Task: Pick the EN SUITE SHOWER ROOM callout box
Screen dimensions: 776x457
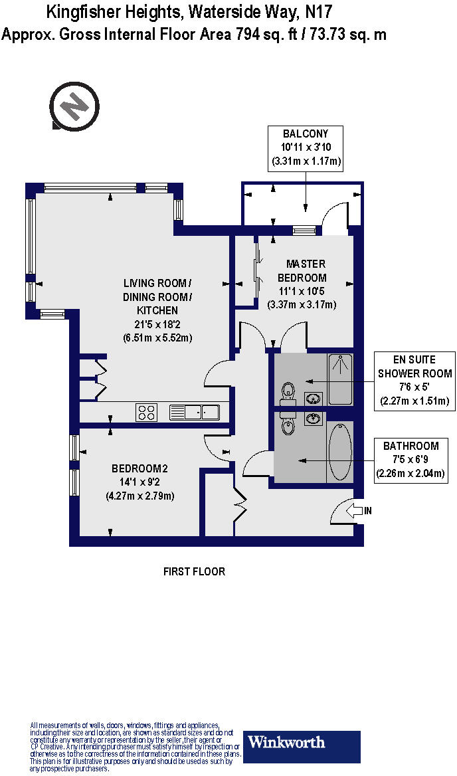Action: pos(415,379)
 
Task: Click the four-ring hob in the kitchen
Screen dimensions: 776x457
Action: pos(146,413)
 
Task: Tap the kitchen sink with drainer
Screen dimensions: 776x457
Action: pos(195,413)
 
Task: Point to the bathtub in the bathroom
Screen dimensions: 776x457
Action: pos(339,451)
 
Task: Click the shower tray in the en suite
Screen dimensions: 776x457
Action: pos(340,379)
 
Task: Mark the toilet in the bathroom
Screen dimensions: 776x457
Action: pos(288,425)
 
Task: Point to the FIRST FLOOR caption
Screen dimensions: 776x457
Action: pos(194,571)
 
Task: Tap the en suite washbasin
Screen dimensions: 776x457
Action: pos(314,399)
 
